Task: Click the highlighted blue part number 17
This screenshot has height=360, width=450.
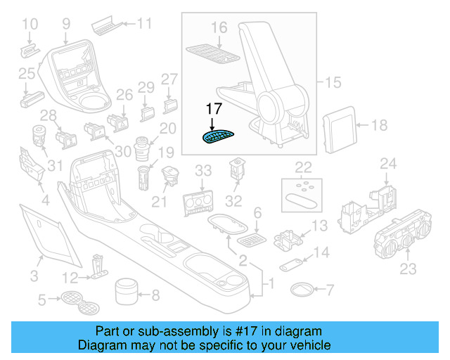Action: pos(218,137)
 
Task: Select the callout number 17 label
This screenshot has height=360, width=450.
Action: pos(214,109)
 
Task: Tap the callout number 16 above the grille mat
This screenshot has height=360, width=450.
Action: pos(219,27)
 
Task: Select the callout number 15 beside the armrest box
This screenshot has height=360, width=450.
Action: pos(333,83)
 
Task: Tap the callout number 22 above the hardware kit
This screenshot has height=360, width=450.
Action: pos(303,167)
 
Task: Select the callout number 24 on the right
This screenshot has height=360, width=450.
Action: pos(388,164)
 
